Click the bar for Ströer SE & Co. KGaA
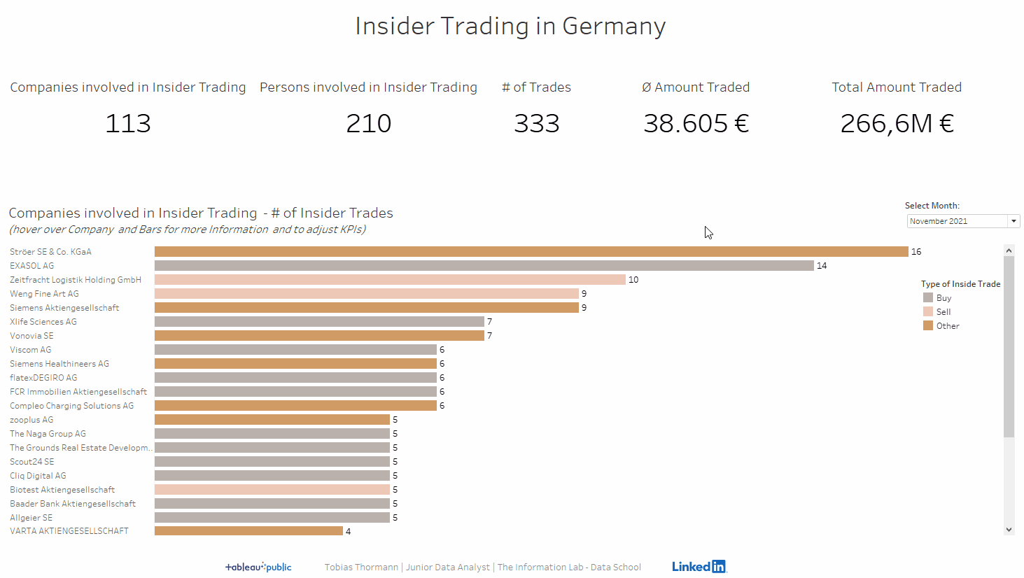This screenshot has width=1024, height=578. (531, 252)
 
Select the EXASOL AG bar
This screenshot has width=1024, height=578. (484, 266)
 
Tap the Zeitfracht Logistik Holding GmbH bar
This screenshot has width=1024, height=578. (390, 280)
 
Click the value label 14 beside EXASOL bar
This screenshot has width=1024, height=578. (822, 266)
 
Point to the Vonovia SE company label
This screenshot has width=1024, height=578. (31, 336)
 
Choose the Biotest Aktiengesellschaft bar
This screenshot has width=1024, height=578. (272, 490)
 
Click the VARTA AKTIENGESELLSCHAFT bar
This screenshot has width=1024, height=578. (248, 531)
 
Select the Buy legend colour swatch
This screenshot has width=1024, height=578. (928, 297)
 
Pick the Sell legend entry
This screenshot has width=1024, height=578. (944, 312)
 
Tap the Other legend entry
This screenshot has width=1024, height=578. (948, 326)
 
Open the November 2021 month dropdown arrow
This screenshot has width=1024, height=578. (1014, 221)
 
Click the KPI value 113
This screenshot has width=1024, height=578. (128, 124)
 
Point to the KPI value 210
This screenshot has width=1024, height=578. (369, 124)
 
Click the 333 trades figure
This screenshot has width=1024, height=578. (537, 124)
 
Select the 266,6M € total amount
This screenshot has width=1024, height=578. (897, 124)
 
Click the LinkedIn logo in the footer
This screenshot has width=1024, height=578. (699, 566)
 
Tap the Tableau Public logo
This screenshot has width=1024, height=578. (258, 567)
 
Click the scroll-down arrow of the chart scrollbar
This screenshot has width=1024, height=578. (1009, 530)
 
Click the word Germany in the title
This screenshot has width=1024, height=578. (614, 27)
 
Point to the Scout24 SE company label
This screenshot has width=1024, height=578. (31, 462)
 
